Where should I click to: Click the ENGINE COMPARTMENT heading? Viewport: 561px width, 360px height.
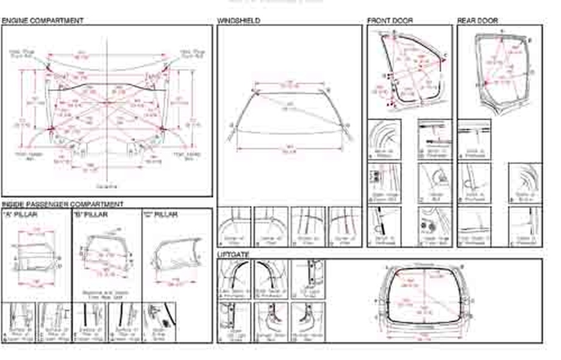[43, 21]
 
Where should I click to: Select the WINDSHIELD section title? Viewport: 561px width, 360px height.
[238, 21]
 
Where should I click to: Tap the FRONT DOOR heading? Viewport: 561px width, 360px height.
[390, 21]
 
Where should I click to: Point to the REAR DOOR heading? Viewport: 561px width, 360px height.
[477, 21]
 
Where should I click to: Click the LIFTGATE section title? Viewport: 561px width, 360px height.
[234, 254]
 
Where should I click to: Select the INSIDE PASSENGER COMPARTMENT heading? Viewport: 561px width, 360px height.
[62, 204]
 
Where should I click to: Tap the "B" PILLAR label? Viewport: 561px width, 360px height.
[90, 215]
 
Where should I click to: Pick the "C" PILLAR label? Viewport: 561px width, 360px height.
[160, 215]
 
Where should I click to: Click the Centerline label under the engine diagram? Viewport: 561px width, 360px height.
[107, 186]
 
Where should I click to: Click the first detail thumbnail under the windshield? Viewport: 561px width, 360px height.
[235, 226]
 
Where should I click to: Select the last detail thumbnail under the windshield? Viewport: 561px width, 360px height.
[345, 226]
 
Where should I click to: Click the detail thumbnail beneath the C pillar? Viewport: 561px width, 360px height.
[160, 322]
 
